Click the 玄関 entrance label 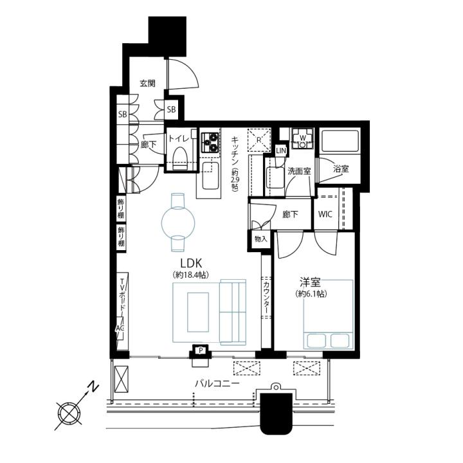tap(147, 84)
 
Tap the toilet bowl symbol tap(180, 158)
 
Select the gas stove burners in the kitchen tap(210, 142)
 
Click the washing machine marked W tap(303, 138)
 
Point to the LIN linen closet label tap(281, 151)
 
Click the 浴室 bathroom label tap(341, 169)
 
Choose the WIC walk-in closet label tap(325, 214)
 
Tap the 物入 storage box tap(260, 239)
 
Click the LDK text tap(191, 262)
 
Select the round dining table tap(178, 222)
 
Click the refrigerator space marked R tap(259, 140)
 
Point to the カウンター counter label tap(266, 298)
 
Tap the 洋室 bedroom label tap(310, 283)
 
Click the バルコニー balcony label tap(217, 384)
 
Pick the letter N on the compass tap(94, 386)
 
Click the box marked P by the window tap(201, 351)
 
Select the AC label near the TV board tap(120, 328)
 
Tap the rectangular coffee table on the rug tap(198, 312)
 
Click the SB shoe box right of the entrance tap(171, 109)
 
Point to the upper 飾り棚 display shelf tap(121, 208)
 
